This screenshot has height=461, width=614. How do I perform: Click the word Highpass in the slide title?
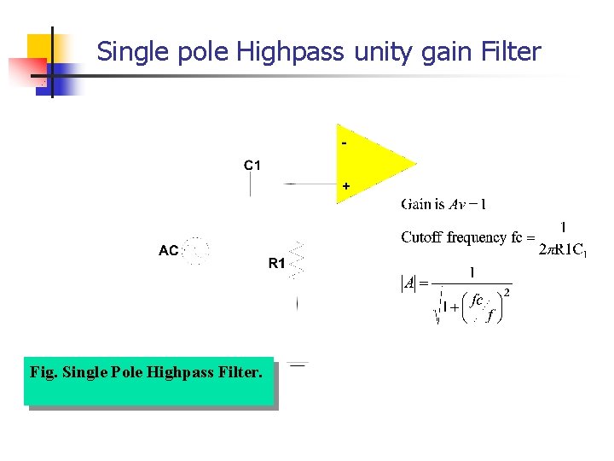(290, 53)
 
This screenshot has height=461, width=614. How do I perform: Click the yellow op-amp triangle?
(370, 163)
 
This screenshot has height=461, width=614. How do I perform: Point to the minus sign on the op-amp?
(344, 143)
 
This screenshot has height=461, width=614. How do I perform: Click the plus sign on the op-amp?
(345, 185)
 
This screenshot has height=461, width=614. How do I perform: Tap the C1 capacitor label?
(252, 165)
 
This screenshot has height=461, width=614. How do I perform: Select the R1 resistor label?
(277, 264)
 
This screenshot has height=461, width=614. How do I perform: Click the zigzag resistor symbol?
(297, 260)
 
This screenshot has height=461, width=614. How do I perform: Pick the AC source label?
(169, 251)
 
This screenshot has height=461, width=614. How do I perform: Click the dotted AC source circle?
(197, 249)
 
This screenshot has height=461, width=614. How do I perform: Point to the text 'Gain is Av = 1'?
(443, 204)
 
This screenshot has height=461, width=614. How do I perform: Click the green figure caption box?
(148, 381)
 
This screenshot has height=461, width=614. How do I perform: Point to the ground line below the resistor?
(298, 365)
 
